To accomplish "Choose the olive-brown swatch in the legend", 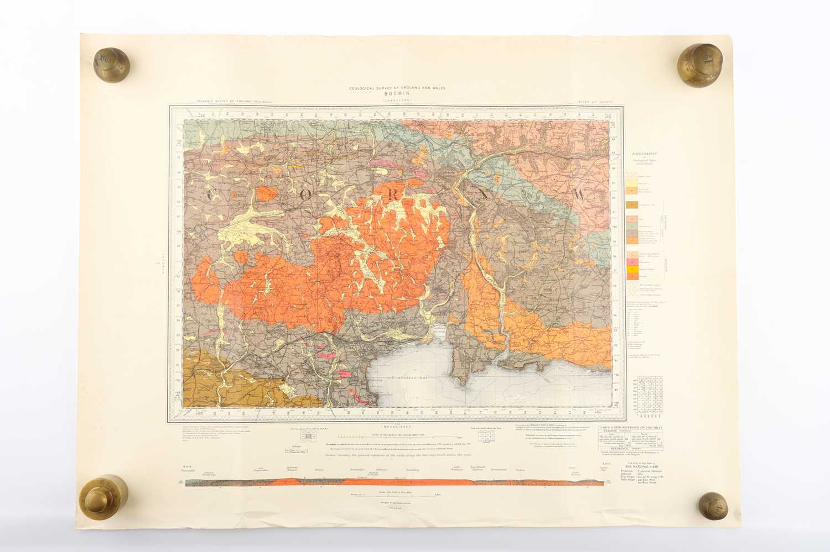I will point(632,204).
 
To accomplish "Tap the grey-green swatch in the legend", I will point(632,227).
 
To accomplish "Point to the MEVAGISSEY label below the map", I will point(396,425).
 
